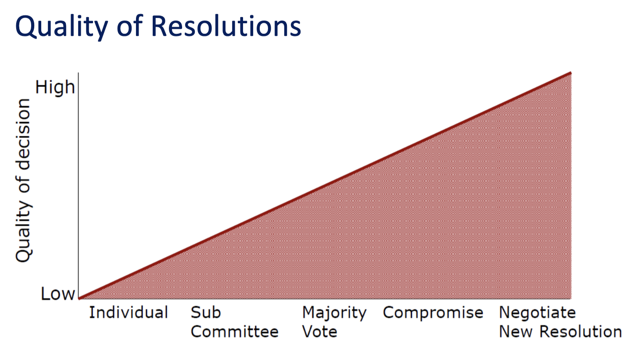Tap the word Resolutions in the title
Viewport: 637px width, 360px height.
[x=226, y=26]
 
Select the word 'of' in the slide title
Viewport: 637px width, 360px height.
[x=129, y=26]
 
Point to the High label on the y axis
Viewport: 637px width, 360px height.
[x=55, y=87]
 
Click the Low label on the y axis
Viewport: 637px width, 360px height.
[x=58, y=293]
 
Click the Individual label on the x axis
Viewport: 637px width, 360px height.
[x=129, y=312]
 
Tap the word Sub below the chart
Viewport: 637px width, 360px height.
[x=206, y=312]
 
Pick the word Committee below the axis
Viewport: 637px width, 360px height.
[x=234, y=331]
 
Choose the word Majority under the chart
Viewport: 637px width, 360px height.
[x=334, y=313]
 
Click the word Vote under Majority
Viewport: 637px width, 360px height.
[x=320, y=331]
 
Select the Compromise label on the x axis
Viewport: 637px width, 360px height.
[x=433, y=313]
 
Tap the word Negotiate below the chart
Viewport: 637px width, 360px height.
[x=537, y=313]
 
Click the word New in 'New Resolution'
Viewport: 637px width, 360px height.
[x=515, y=331]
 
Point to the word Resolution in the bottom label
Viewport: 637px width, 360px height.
[x=580, y=331]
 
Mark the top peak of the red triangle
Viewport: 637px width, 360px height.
[x=570, y=73]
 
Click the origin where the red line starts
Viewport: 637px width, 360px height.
[x=79, y=299]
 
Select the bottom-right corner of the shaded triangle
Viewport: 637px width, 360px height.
[x=571, y=299]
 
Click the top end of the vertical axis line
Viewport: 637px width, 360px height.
[x=78, y=73]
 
